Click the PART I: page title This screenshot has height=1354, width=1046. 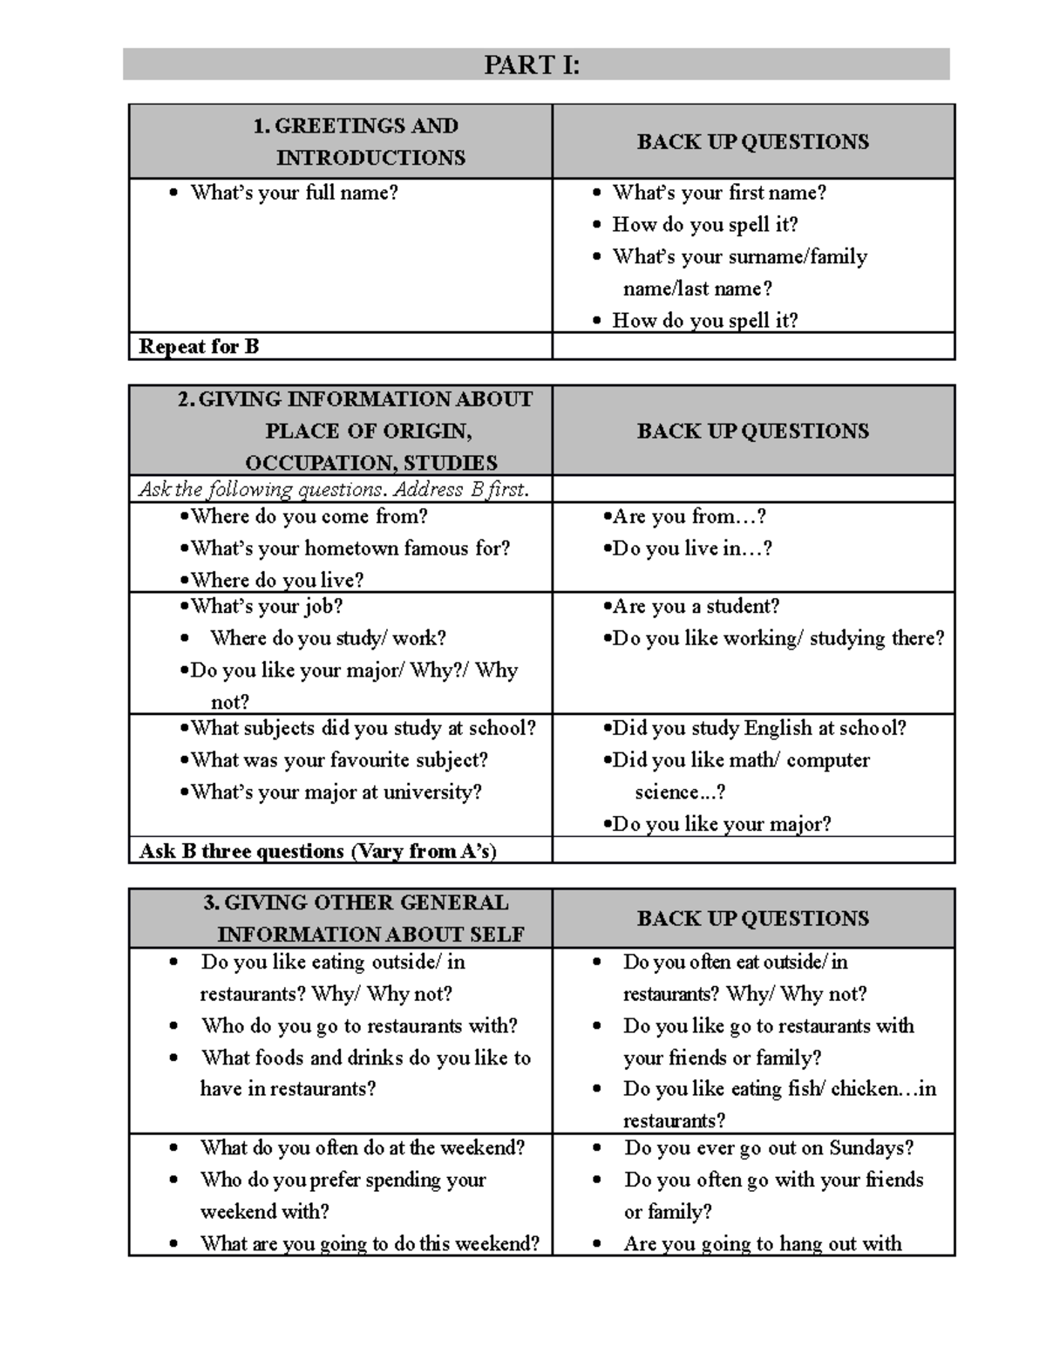coord(531,65)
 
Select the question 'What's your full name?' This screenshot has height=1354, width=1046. coord(294,193)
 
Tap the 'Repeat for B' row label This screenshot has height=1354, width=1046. coord(199,347)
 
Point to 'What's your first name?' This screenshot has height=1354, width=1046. coord(718,193)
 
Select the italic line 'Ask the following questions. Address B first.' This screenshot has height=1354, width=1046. coord(334,490)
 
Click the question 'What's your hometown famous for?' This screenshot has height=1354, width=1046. coord(350,548)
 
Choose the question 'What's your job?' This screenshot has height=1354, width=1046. coord(266,607)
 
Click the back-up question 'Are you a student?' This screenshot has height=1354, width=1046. coord(695,607)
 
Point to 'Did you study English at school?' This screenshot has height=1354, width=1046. coord(758,729)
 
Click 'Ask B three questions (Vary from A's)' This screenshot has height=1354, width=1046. coord(317,852)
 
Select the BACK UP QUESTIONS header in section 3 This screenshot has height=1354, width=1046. coord(752,919)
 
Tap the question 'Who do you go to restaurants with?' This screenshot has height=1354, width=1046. coord(359,1026)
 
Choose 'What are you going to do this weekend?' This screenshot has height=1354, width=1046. coord(370,1244)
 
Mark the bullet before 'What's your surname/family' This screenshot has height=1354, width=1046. coord(597,257)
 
